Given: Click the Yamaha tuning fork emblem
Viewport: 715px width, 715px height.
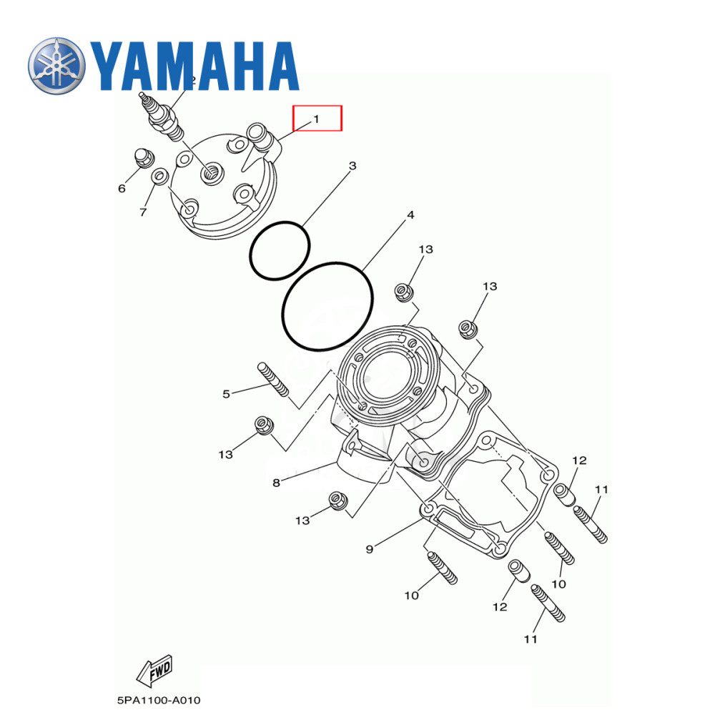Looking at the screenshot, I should [57, 66].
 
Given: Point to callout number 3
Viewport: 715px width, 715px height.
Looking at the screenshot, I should [352, 166].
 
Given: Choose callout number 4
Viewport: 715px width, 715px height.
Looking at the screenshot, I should [410, 214].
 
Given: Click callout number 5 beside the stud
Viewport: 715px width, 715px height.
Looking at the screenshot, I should [226, 393].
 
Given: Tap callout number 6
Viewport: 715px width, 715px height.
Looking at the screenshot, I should [122, 188].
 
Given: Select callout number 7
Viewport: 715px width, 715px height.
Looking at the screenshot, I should [143, 212].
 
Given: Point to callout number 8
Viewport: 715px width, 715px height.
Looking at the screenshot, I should [276, 483].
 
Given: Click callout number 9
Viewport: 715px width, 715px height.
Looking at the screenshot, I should [370, 549].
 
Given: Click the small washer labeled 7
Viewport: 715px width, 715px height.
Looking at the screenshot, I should [162, 174].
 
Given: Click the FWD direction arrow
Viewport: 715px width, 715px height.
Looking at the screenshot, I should [154, 669].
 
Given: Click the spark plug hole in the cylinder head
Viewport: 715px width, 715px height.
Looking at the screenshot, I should [211, 170].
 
